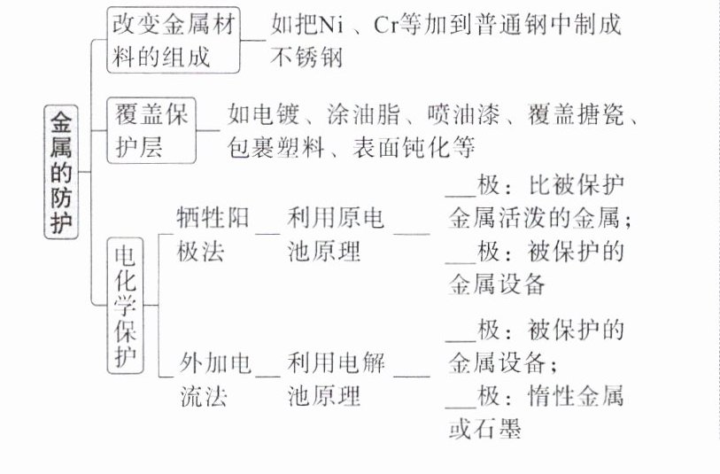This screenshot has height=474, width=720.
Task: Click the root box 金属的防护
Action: coord(61,173)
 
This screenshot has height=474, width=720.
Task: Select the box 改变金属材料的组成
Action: coord(174,42)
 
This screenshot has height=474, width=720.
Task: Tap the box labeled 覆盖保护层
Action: coord(151,130)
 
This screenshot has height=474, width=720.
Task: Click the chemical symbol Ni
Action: coord(335,26)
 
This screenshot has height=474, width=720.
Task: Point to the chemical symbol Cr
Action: coord(388,26)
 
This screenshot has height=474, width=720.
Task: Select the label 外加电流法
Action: coord(213,379)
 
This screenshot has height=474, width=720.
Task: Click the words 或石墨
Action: coord(484,430)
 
